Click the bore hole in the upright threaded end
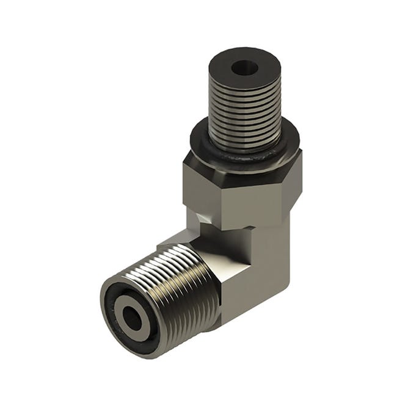[x=244, y=67]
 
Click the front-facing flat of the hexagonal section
[x=253, y=202]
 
